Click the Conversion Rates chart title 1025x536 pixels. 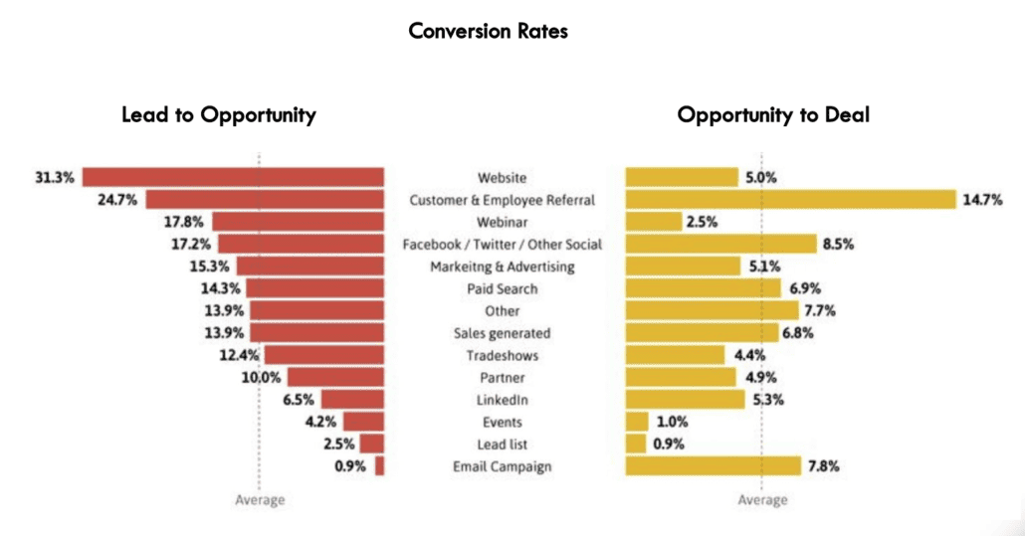tap(488, 31)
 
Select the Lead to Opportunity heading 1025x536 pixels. tap(219, 114)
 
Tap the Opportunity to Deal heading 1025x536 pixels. tap(773, 114)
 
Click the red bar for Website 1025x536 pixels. tap(233, 177)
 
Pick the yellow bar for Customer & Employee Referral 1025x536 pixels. tap(790, 200)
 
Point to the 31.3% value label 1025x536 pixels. tap(55, 177)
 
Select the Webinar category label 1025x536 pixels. tap(502, 222)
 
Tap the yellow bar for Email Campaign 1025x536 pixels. tap(713, 466)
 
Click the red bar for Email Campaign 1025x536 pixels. tap(379, 466)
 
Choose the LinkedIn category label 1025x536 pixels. tap(502, 400)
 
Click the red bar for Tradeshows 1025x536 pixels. tap(323, 355)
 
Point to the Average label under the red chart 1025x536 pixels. tap(260, 500)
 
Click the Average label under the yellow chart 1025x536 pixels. tap(762, 500)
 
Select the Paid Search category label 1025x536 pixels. tap(502, 288)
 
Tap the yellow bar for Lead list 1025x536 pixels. tap(636, 445)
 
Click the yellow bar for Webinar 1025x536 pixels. tap(653, 222)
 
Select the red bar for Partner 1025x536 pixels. tap(335, 378)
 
